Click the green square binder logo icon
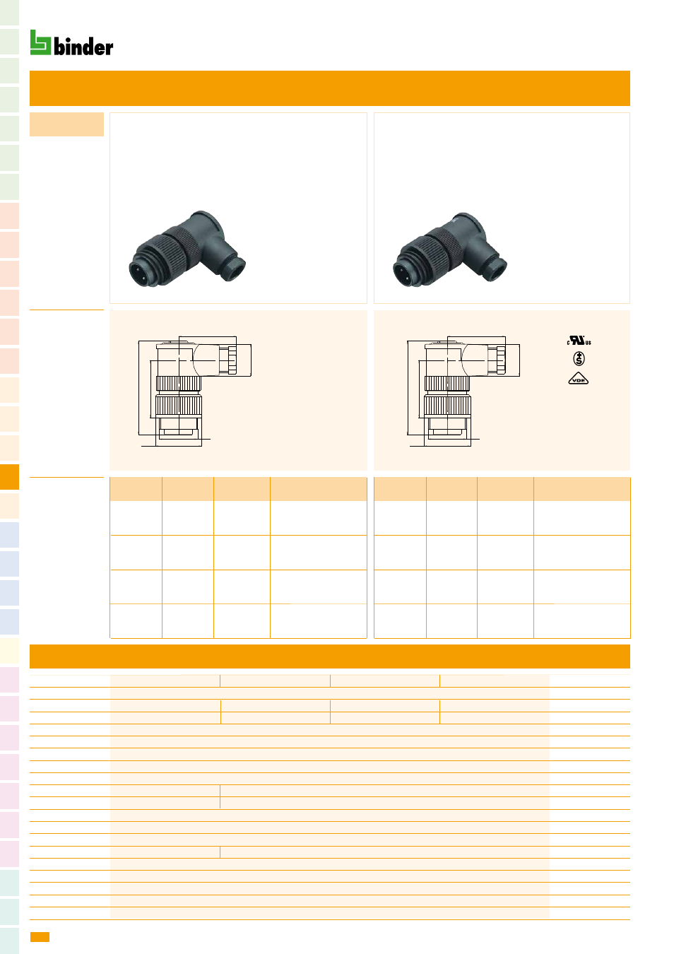(x=40, y=42)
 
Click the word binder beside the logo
(x=83, y=47)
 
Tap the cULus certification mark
(x=579, y=341)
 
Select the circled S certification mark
(x=579, y=358)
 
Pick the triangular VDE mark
(x=578, y=379)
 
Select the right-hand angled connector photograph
(x=450, y=249)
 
